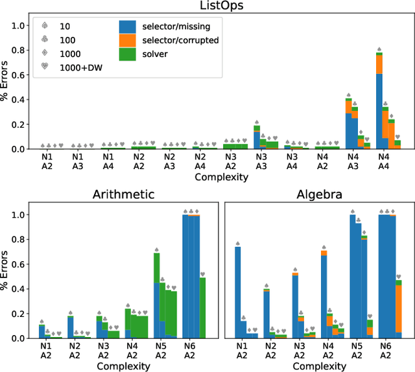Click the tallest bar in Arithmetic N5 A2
tap(156, 296)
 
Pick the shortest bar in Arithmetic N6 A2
tap(202, 308)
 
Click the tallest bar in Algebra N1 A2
tap(237, 292)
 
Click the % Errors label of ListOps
tap(6, 80)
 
